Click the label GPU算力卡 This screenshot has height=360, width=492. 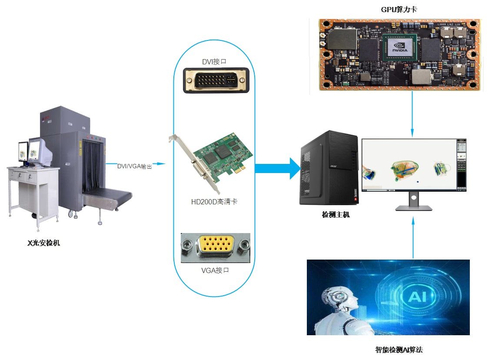tap(399, 9)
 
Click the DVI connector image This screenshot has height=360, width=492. tap(216, 80)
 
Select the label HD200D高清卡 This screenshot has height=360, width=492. tap(214, 202)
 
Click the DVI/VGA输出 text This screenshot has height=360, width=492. tap(134, 166)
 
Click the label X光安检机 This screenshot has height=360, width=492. tap(43, 243)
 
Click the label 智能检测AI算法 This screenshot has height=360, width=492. tap(399, 350)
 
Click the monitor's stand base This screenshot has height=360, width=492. tap(413, 208)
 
